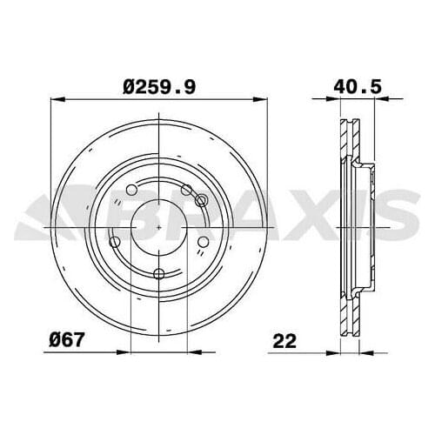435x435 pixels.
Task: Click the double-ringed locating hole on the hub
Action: click(x=201, y=201)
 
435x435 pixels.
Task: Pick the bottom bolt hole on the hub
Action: click(x=158, y=275)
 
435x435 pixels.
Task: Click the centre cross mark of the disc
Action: click(x=159, y=229)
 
